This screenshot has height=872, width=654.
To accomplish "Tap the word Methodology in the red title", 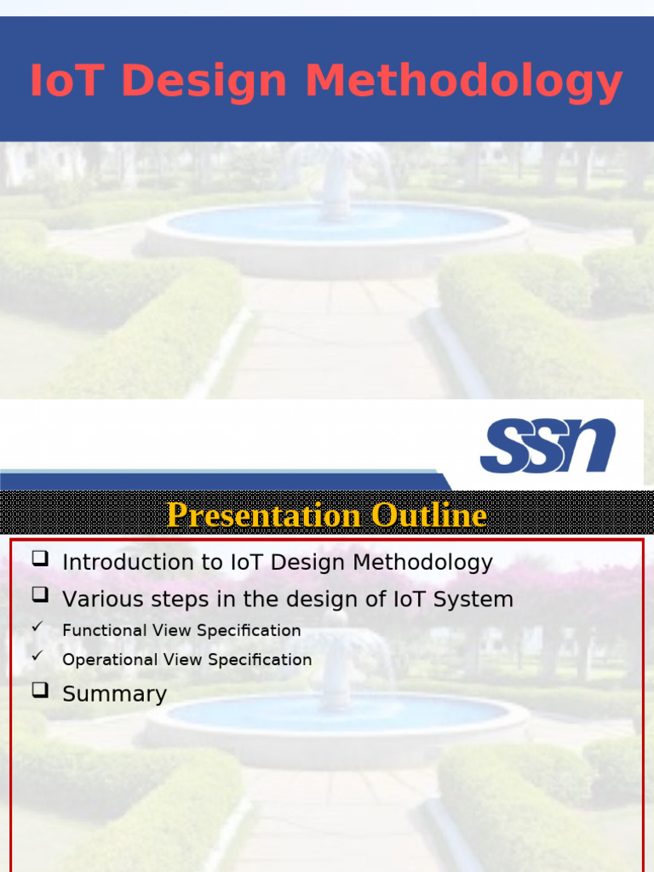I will coord(464,83).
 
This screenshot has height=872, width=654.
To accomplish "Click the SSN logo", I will coord(548,445).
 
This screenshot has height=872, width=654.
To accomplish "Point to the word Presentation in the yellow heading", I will coord(264,515).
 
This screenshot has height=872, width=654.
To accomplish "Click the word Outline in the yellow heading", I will coord(428,515).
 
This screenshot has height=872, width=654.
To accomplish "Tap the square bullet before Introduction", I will coord(39,559).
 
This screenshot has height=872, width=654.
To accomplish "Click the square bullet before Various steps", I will coord(39,595).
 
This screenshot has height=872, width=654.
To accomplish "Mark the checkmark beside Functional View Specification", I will coord(37,628).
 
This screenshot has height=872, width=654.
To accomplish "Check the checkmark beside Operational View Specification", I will coord(37,657).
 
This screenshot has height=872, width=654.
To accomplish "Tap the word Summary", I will coord(114,694).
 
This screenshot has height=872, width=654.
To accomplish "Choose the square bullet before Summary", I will coord(39,691).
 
